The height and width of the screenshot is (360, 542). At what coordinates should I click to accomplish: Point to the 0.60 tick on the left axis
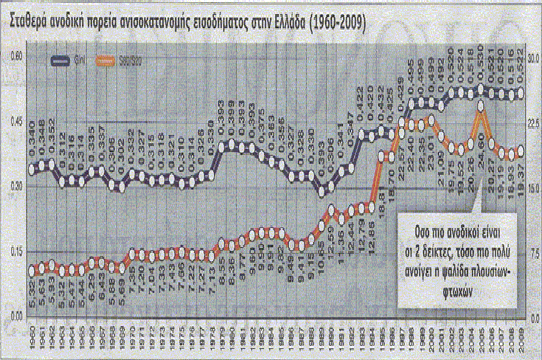(14, 55)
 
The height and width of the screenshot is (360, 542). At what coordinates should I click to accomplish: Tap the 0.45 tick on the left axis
(14, 121)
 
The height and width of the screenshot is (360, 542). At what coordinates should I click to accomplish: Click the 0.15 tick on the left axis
(14, 253)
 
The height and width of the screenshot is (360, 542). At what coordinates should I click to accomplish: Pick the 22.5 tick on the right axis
(532, 121)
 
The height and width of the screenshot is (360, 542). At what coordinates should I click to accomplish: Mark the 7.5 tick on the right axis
(532, 253)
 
